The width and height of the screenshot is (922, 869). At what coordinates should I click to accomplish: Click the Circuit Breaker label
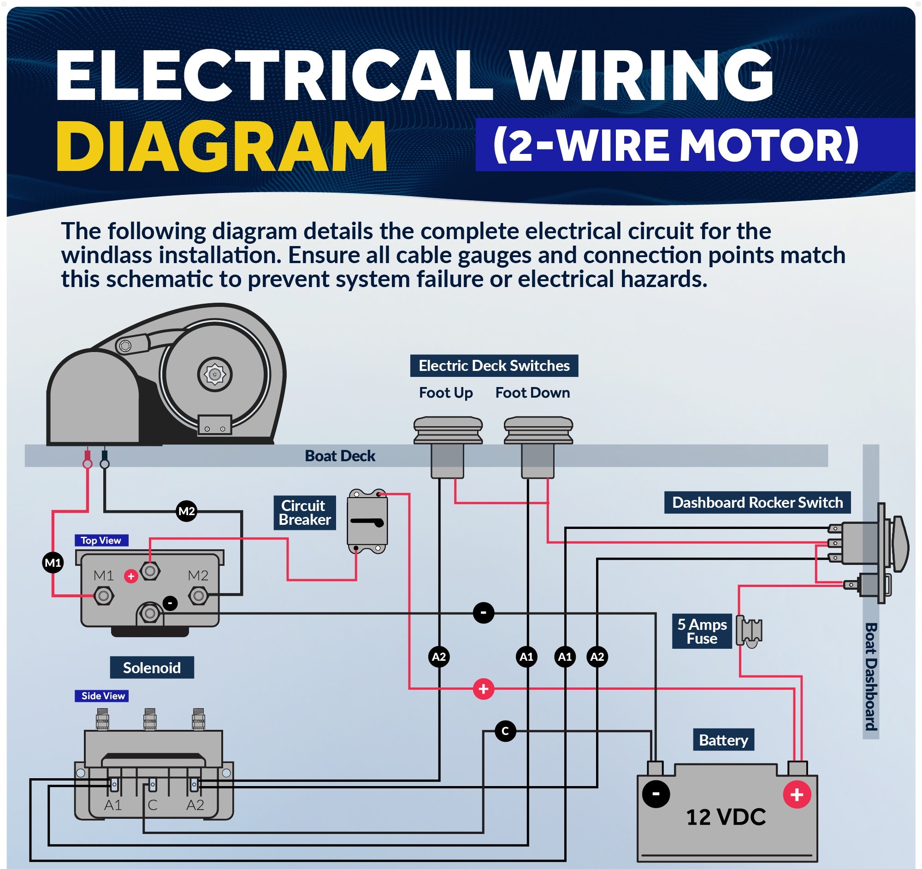click(304, 512)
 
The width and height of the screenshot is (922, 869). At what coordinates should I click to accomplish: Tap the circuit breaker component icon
click(367, 522)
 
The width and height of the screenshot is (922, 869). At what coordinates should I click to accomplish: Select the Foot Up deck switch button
click(448, 430)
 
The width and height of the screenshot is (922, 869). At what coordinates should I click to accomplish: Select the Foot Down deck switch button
click(538, 430)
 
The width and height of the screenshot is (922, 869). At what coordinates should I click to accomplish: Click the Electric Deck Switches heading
click(494, 366)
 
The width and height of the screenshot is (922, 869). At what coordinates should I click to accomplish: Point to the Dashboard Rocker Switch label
click(757, 502)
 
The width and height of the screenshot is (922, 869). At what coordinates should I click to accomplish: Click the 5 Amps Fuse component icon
click(749, 631)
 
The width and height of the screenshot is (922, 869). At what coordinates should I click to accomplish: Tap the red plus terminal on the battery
click(797, 794)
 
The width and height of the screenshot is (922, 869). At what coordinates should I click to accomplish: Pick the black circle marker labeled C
click(505, 731)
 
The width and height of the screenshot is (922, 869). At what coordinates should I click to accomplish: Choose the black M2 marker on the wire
click(186, 511)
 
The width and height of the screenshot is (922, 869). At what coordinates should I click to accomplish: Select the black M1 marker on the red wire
click(53, 563)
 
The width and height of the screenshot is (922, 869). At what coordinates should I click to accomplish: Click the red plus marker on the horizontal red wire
click(483, 689)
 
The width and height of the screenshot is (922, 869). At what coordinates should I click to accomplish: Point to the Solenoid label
click(152, 667)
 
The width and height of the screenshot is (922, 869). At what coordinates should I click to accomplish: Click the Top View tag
click(101, 540)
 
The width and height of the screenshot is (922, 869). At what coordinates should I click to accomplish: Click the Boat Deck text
click(340, 456)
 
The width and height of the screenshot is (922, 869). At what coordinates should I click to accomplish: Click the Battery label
click(723, 740)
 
